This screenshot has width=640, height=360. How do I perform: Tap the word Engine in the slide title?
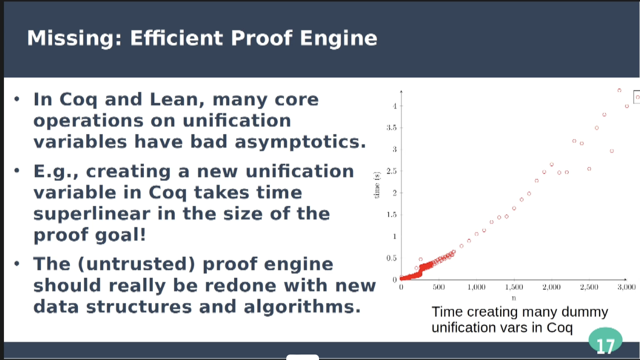click(338, 39)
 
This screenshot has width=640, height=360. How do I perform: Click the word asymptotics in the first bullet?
click(300, 142)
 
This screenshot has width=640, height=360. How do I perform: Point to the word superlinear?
click(92, 214)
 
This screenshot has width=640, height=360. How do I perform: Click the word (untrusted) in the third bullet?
click(136, 264)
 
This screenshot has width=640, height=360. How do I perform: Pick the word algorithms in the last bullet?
click(302, 306)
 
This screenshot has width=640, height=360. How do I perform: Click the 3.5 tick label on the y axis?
click(391, 127)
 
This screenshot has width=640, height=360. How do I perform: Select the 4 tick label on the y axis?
click(394, 106)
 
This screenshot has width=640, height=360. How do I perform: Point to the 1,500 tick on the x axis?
click(514, 287)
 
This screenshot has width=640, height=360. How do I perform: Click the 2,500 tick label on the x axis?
click(589, 287)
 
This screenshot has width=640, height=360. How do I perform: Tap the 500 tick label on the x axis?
click(439, 287)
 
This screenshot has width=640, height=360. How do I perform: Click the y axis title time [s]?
click(377, 185)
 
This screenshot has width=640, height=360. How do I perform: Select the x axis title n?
click(513, 298)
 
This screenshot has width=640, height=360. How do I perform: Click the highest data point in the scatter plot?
click(619, 91)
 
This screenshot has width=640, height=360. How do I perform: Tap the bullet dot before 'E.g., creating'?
click(17, 171)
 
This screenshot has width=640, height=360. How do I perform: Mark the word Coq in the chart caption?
click(560, 328)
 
